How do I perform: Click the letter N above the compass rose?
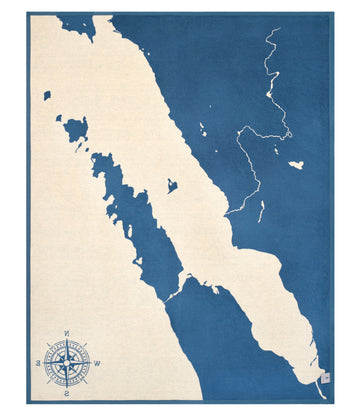[x=66, y=333]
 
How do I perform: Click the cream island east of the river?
[x=296, y=164]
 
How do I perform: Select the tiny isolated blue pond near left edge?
[x=47, y=96]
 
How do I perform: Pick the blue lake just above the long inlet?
[x=76, y=128]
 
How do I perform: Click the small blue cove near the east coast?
[x=172, y=186]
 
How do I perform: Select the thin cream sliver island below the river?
[x=262, y=211]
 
